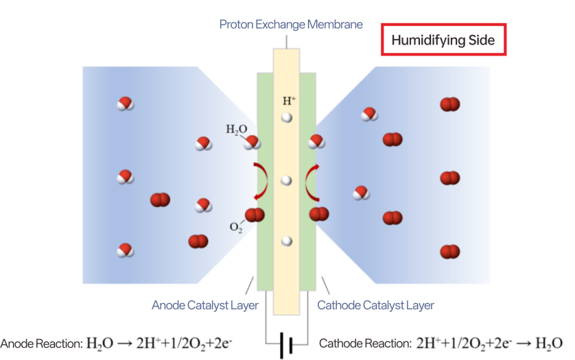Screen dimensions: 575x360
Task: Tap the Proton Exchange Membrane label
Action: (x=291, y=25)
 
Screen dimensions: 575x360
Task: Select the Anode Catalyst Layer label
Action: (x=205, y=305)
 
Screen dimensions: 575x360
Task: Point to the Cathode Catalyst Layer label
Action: (x=375, y=305)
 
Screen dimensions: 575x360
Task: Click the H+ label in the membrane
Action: (x=289, y=101)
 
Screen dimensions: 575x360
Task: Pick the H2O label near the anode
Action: (x=237, y=130)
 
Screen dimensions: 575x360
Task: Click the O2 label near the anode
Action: (x=236, y=227)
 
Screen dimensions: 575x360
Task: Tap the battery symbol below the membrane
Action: (x=286, y=345)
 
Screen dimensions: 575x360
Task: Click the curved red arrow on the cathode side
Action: (x=307, y=182)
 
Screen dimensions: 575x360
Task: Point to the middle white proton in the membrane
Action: (x=286, y=180)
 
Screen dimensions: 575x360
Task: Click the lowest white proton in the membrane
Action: (x=286, y=241)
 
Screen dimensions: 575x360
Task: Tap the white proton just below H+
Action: (x=286, y=118)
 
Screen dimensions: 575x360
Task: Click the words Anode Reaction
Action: (x=41, y=344)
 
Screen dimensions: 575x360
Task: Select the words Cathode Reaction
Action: (x=365, y=344)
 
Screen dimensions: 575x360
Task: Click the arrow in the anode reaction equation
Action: (x=125, y=344)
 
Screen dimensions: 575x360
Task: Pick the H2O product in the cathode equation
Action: (x=549, y=344)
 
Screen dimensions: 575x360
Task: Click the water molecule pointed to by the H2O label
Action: (x=252, y=142)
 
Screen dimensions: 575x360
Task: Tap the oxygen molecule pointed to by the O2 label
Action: (x=255, y=215)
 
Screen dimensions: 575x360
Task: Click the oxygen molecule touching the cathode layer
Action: (x=319, y=214)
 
